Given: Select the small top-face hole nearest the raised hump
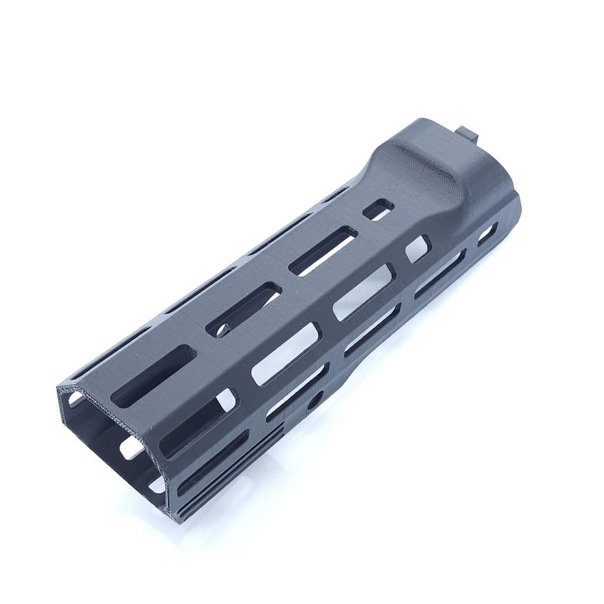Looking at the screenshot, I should [378, 209].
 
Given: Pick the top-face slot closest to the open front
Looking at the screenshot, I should [154, 376].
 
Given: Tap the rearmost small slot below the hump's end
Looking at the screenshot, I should [487, 234].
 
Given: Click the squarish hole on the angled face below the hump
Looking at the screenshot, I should [418, 248].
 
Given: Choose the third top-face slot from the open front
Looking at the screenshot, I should [323, 251].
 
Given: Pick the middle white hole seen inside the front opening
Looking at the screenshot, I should [131, 448].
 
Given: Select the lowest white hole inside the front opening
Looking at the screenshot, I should [157, 485].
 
